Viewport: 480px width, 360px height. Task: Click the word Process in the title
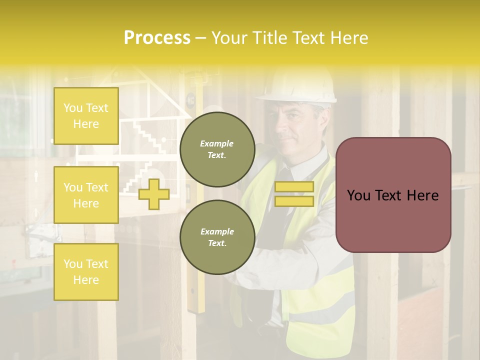[157, 38]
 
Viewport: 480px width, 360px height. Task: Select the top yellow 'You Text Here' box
[86, 116]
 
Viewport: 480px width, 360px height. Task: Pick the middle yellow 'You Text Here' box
[86, 195]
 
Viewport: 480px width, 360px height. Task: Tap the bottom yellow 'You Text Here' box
[86, 272]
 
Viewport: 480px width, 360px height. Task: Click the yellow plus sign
[153, 194]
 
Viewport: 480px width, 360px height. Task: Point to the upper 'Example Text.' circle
[217, 149]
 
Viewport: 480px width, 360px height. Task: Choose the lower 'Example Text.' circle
[217, 237]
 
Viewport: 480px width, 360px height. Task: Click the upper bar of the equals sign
[294, 186]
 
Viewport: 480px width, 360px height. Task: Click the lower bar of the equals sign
[294, 201]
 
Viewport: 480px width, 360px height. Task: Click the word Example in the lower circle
[217, 231]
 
